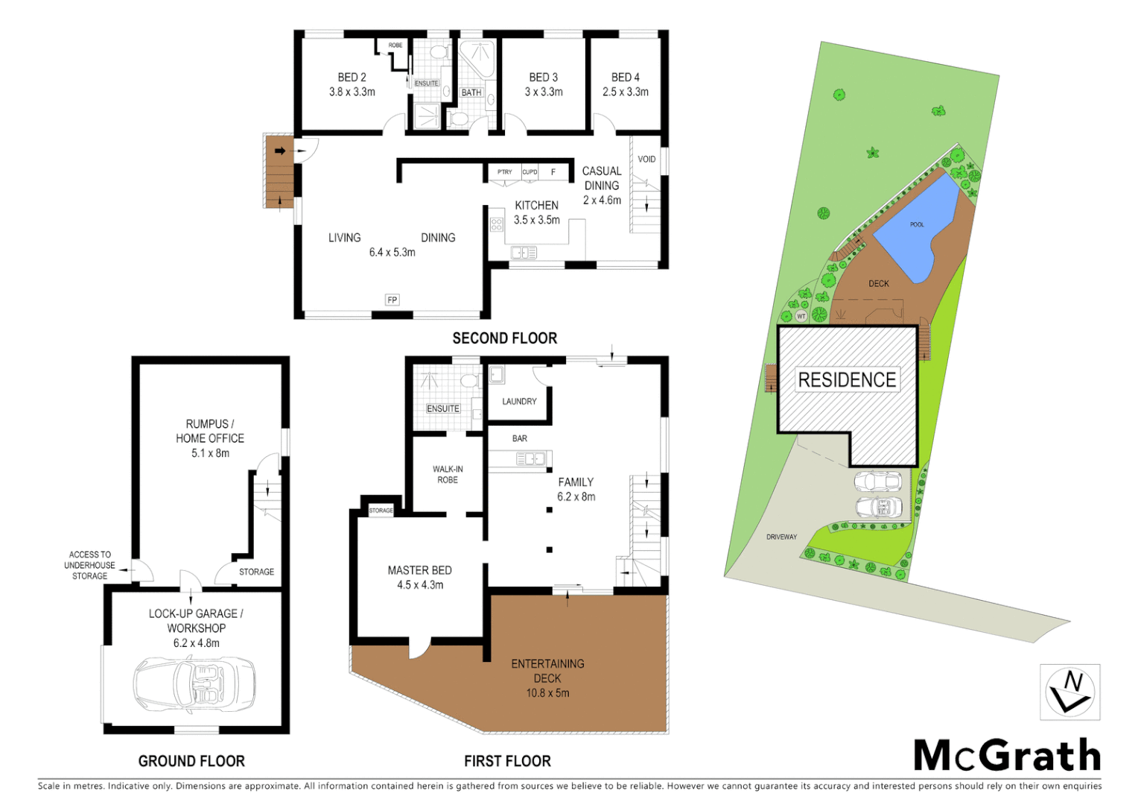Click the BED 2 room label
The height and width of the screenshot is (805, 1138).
352,78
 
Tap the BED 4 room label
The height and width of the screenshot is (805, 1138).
625,78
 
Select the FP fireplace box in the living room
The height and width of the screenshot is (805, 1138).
392,300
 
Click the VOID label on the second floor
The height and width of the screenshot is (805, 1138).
646,159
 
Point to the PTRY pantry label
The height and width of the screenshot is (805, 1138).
505,172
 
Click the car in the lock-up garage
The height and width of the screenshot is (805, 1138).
194,684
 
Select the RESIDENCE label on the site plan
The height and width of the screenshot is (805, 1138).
847,380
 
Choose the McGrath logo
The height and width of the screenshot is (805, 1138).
1007,756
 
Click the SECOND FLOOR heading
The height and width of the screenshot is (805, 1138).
504,338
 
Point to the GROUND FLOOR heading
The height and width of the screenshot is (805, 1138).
191,761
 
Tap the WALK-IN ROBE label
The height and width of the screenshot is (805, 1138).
448,475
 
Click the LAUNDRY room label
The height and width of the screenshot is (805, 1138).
519,402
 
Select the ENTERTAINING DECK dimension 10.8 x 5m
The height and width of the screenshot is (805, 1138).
547,693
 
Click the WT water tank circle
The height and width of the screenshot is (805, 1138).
801,316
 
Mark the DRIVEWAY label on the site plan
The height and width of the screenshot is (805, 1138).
781,537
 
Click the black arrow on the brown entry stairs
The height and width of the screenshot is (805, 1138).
280,151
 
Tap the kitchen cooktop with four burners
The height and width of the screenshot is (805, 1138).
497,224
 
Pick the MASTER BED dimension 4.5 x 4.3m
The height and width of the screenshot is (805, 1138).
420,585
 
